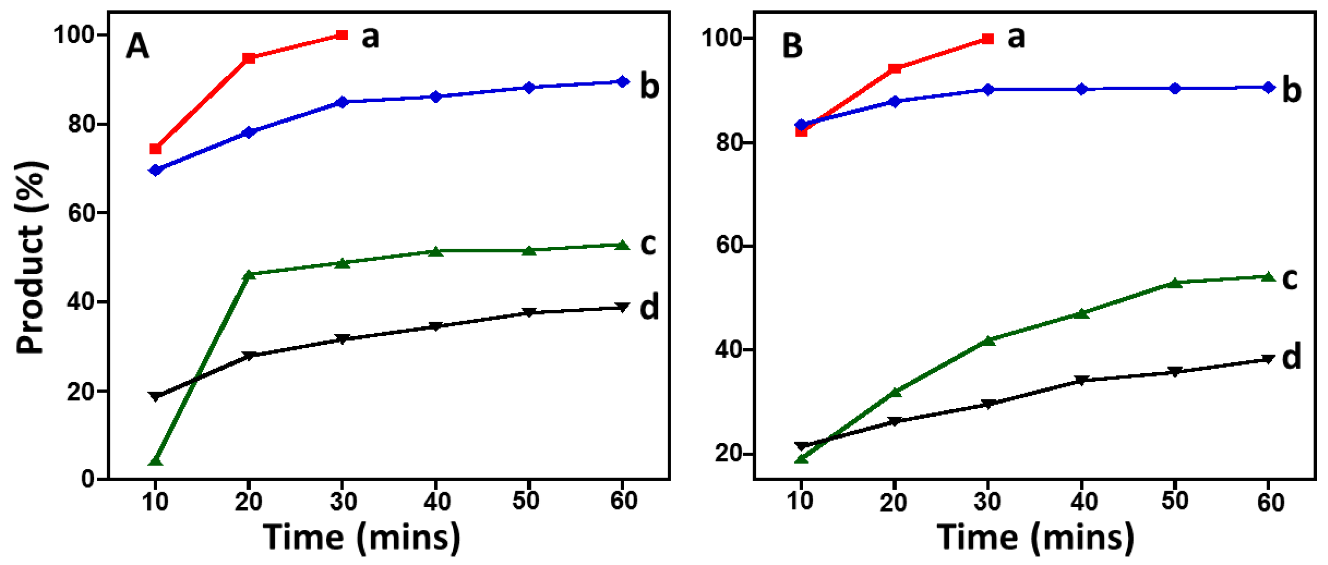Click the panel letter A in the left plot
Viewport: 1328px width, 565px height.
pyautogui.click(x=137, y=46)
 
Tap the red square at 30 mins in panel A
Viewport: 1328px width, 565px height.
pyautogui.click(x=341, y=35)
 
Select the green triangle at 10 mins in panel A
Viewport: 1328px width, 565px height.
pyautogui.click(x=155, y=460)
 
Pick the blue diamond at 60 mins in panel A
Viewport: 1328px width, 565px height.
pyautogui.click(x=623, y=81)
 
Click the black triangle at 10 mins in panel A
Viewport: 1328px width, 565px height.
pyautogui.click(x=155, y=396)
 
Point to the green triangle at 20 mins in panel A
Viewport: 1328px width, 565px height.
pyautogui.click(x=249, y=274)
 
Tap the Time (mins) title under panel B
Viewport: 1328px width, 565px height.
pyautogui.click(x=1036, y=538)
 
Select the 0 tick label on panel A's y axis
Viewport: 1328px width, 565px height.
pyautogui.click(x=88, y=479)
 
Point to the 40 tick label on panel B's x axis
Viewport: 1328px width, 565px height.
pyautogui.click(x=1082, y=501)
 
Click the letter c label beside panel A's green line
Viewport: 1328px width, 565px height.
pyautogui.click(x=648, y=243)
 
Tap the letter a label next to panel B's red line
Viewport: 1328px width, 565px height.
pyautogui.click(x=1016, y=37)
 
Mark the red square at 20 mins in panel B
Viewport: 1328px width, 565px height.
pyautogui.click(x=895, y=69)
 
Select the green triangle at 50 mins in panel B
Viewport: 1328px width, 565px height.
pyautogui.click(x=1175, y=282)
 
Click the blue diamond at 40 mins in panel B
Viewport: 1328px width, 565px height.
pyautogui.click(x=1082, y=89)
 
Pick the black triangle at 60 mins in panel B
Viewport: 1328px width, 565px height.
pyautogui.click(x=1268, y=359)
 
